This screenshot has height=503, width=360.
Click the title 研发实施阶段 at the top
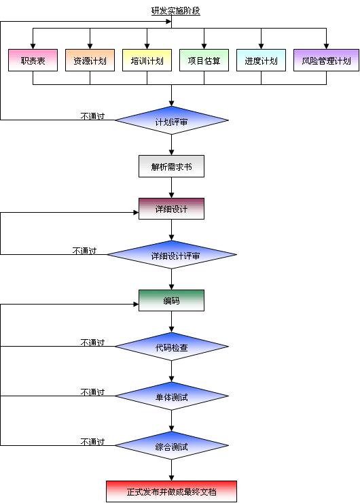[x=175, y=11]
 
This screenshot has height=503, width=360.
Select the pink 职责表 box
[x=33, y=60]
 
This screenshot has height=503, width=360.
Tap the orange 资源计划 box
[x=90, y=60]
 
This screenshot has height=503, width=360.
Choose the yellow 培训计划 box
[x=147, y=60]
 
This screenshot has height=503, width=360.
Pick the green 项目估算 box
[x=204, y=60]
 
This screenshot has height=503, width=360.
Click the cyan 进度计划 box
[x=261, y=60]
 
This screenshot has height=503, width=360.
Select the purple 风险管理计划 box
[x=326, y=60]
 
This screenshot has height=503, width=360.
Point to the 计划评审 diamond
[x=171, y=121]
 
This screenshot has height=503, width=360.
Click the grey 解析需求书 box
[x=171, y=166]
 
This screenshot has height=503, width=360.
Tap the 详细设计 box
[x=171, y=209]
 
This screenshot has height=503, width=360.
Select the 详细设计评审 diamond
[x=172, y=256]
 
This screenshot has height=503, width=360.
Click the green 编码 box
[x=171, y=300]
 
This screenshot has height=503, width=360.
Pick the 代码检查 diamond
[x=171, y=347]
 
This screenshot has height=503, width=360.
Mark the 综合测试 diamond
[x=171, y=446]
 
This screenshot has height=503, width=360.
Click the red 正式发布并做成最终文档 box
[x=171, y=491]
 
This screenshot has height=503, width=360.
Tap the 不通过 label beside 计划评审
[x=92, y=116]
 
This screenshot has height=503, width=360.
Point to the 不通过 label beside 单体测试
[x=92, y=392]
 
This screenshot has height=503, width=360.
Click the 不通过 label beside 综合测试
[x=92, y=442]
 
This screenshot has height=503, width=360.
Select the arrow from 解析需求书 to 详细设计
[x=171, y=188]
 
